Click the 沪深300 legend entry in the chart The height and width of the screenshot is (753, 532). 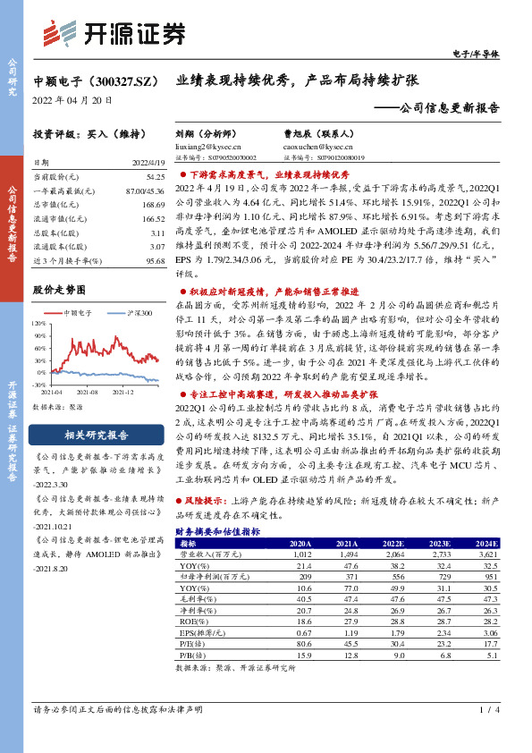click(x=135, y=314)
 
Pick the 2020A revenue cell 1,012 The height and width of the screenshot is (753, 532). click(x=299, y=554)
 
